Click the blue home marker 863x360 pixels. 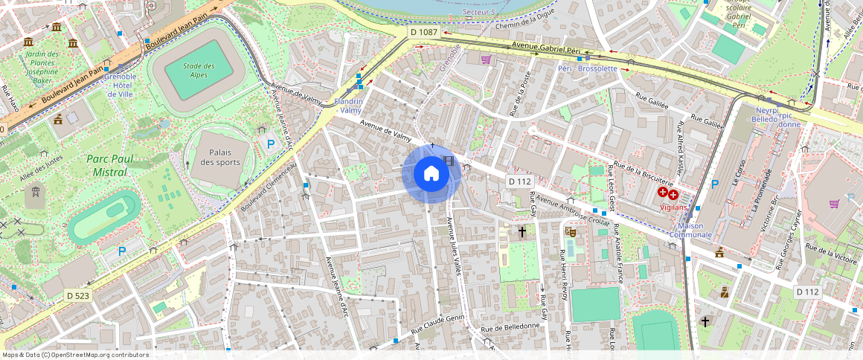pyautogui.click(x=431, y=174)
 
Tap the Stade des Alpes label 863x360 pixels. pyautogui.click(x=199, y=71)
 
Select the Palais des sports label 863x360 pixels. pyautogui.click(x=218, y=157)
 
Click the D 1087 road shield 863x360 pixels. pyautogui.click(x=424, y=32)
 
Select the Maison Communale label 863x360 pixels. pyautogui.click(x=690, y=231)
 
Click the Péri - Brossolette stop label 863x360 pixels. pyautogui.click(x=588, y=68)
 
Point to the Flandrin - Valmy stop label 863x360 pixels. pyautogui.click(x=349, y=106)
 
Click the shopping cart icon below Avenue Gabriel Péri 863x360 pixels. pyautogui.click(x=486, y=60)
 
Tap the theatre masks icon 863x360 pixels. pyautogui.click(x=571, y=231)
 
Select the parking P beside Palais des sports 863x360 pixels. pyautogui.click(x=271, y=144)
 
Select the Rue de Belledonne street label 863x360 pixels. pyautogui.click(x=510, y=327)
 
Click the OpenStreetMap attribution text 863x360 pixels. pyautogui.click(x=75, y=355)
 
